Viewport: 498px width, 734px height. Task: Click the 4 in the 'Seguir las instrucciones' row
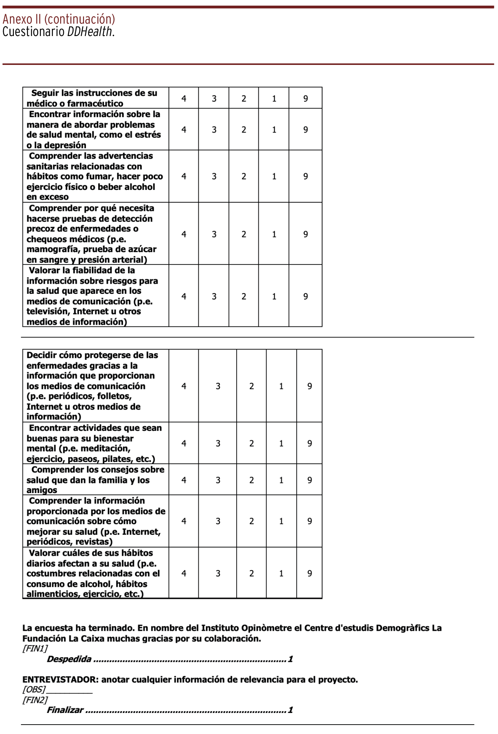tap(184, 99)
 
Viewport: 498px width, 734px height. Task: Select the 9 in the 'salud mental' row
tap(306, 130)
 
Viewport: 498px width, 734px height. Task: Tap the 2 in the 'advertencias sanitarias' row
tap(244, 176)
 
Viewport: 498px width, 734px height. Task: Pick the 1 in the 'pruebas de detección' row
tap(274, 234)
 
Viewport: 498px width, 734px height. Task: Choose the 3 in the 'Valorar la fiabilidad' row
tap(214, 296)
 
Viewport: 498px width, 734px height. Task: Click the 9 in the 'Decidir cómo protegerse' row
tap(309, 386)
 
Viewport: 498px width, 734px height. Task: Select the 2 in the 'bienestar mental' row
tap(252, 444)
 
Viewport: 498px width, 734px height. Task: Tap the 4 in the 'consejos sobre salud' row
tap(184, 480)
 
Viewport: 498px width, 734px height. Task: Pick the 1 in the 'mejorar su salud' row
tap(281, 521)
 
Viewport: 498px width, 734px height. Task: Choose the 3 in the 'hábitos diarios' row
tap(218, 573)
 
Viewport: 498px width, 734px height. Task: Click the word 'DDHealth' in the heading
tap(90, 32)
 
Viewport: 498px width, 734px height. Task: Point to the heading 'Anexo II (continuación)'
tap(59, 19)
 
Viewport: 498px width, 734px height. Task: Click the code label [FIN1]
tap(35, 648)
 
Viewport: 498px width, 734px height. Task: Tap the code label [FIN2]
tap(35, 700)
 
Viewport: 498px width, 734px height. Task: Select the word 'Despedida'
tap(69, 659)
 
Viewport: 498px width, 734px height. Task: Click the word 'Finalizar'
tap(65, 710)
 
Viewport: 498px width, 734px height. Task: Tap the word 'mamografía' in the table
tap(52, 249)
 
